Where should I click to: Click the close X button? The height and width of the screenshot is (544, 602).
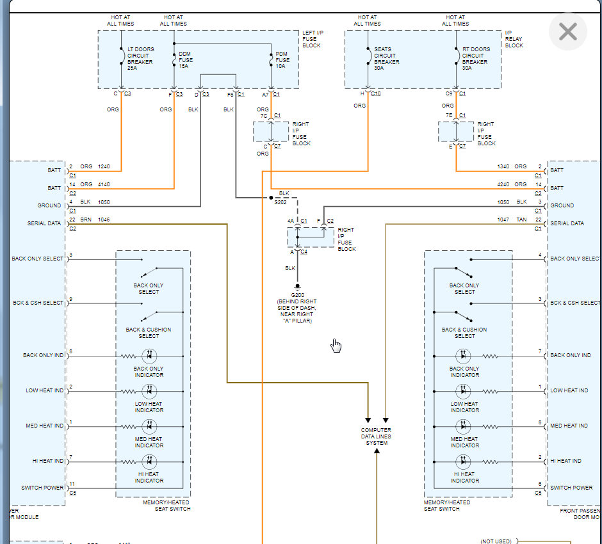tap(567, 31)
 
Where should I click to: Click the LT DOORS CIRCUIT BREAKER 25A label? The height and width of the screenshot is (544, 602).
tap(140, 59)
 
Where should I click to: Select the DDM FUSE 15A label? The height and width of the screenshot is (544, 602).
tap(184, 60)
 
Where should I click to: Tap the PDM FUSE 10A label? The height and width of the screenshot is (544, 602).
tap(282, 60)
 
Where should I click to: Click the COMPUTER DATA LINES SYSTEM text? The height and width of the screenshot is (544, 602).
tap(376, 436)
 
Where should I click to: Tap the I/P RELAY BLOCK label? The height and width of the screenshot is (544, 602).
tap(514, 39)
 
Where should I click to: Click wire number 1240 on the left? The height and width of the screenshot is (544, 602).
tap(104, 166)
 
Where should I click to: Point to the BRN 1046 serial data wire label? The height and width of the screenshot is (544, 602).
tap(95, 220)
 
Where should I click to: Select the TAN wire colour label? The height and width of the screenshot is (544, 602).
tap(521, 220)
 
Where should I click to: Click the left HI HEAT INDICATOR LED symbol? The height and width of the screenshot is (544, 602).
tap(149, 461)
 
